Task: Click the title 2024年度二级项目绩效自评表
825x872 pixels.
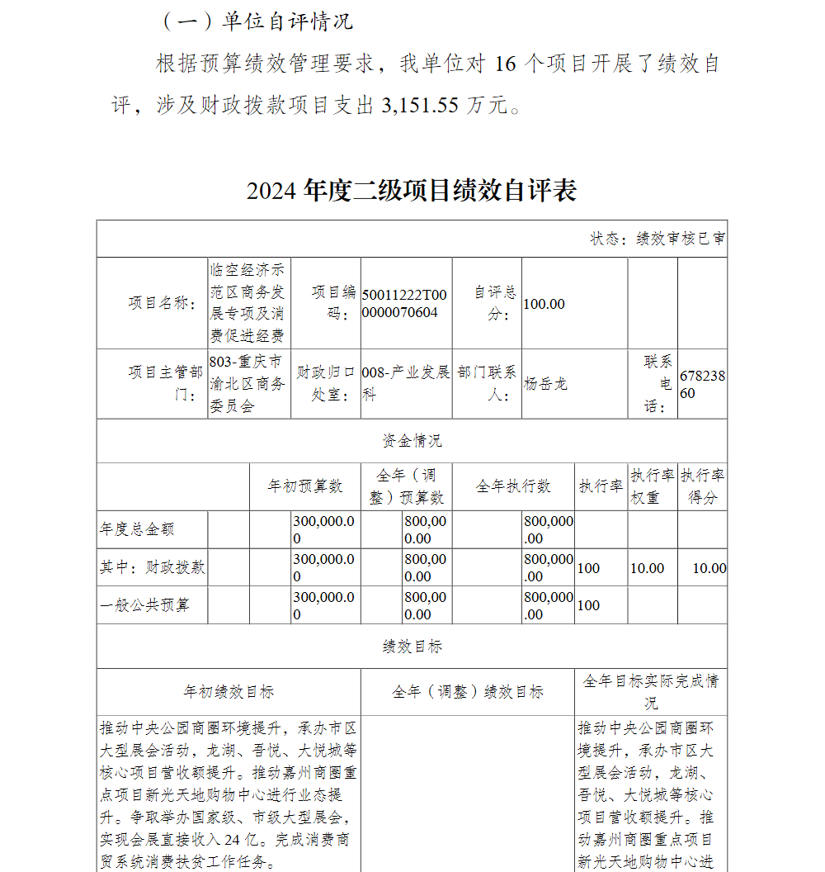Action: [412, 191]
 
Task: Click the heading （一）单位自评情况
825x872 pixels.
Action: [257, 21]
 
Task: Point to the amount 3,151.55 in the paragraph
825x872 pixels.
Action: [420, 106]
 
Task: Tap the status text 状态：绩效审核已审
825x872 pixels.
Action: [658, 239]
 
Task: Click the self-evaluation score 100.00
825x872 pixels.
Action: [544, 304]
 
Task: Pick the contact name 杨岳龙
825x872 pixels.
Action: [546, 384]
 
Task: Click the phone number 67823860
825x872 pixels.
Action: [702, 384]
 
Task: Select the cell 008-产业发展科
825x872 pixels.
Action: [406, 384]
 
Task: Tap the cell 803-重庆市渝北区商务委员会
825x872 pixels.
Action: [247, 384]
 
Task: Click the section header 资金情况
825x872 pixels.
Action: [412, 441]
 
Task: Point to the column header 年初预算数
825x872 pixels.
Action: [304, 486]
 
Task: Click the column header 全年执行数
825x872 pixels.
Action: [513, 486]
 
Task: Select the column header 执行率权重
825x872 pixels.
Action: [653, 486]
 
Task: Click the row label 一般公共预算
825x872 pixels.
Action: [144, 605]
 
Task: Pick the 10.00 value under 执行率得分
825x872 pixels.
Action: [709, 568]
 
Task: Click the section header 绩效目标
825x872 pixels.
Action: [412, 647]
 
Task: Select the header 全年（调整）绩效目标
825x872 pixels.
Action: [467, 692]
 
